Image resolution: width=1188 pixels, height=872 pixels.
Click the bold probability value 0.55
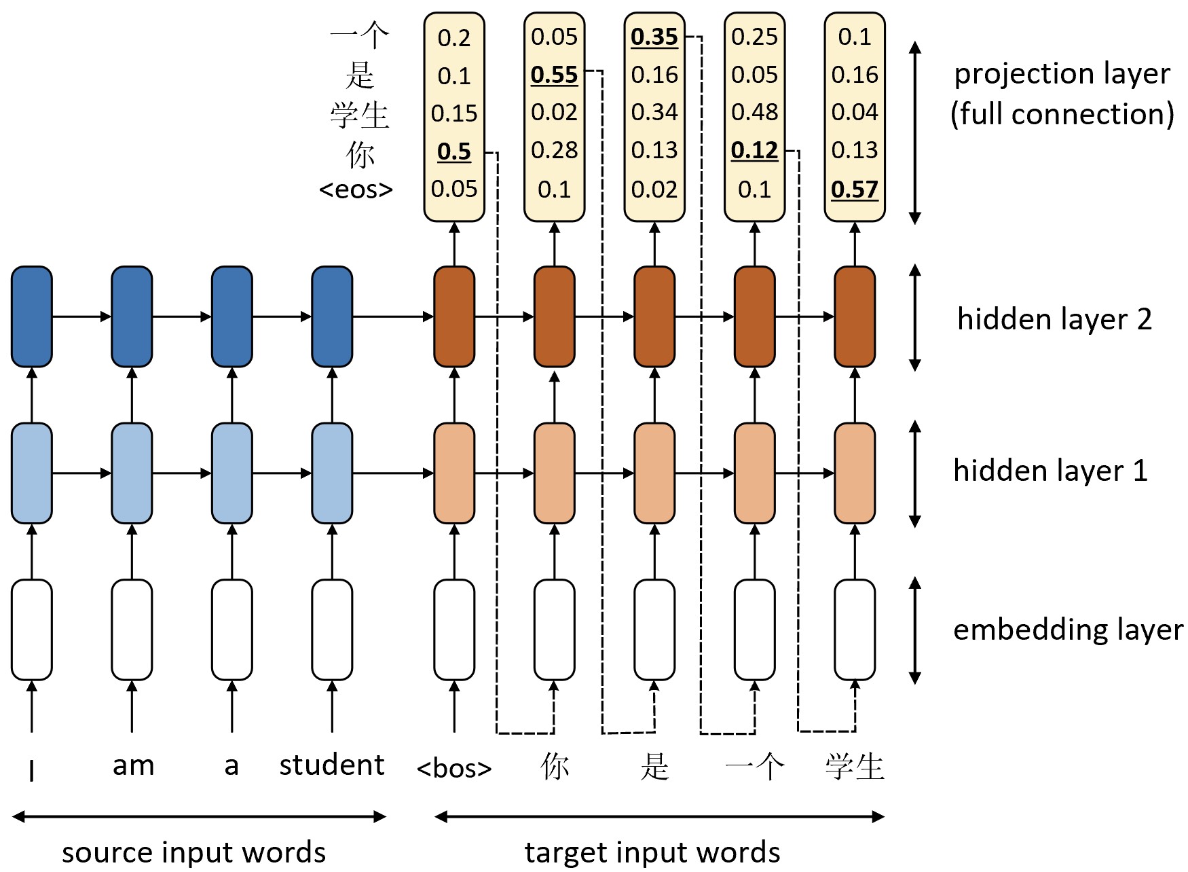tap(554, 75)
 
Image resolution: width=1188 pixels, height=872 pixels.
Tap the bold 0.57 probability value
tap(855, 189)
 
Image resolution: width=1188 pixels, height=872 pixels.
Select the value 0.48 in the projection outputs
tap(754, 112)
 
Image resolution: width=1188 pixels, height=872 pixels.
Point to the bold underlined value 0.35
tap(654, 37)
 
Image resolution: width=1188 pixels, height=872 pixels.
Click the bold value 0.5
tap(454, 151)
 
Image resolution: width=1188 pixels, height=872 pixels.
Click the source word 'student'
tap(332, 765)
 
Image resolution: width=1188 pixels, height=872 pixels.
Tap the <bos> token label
tap(454, 768)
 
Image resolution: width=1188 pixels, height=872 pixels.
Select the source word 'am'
tap(133, 766)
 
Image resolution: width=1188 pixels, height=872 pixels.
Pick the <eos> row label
tap(356, 189)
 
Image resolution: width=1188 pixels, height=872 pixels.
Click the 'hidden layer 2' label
tap(1054, 319)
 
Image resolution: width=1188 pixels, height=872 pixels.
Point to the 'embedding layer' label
tap(1068, 630)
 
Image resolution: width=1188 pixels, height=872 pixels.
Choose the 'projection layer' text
tap(1062, 74)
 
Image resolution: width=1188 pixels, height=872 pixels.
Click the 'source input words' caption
tap(193, 852)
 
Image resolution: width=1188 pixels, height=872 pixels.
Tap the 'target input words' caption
tap(652, 852)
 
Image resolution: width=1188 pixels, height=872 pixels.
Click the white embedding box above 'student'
tap(332, 630)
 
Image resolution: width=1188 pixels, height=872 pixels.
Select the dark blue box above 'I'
tap(32, 316)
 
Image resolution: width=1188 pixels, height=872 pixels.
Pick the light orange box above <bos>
tap(454, 473)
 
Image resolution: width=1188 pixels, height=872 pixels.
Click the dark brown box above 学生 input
tap(855, 316)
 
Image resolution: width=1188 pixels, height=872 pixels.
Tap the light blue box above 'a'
tap(232, 473)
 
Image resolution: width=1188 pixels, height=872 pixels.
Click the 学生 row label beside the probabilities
tap(360, 114)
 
